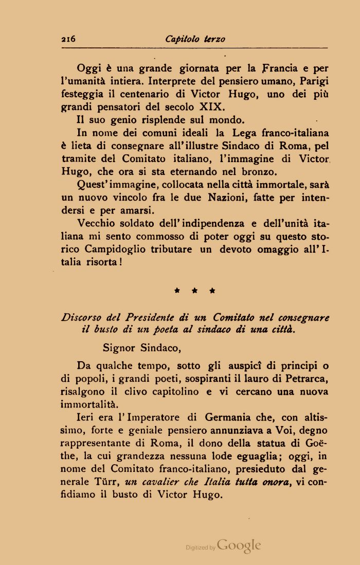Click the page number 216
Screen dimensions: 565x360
point(68,39)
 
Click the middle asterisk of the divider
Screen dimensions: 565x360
point(195,291)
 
